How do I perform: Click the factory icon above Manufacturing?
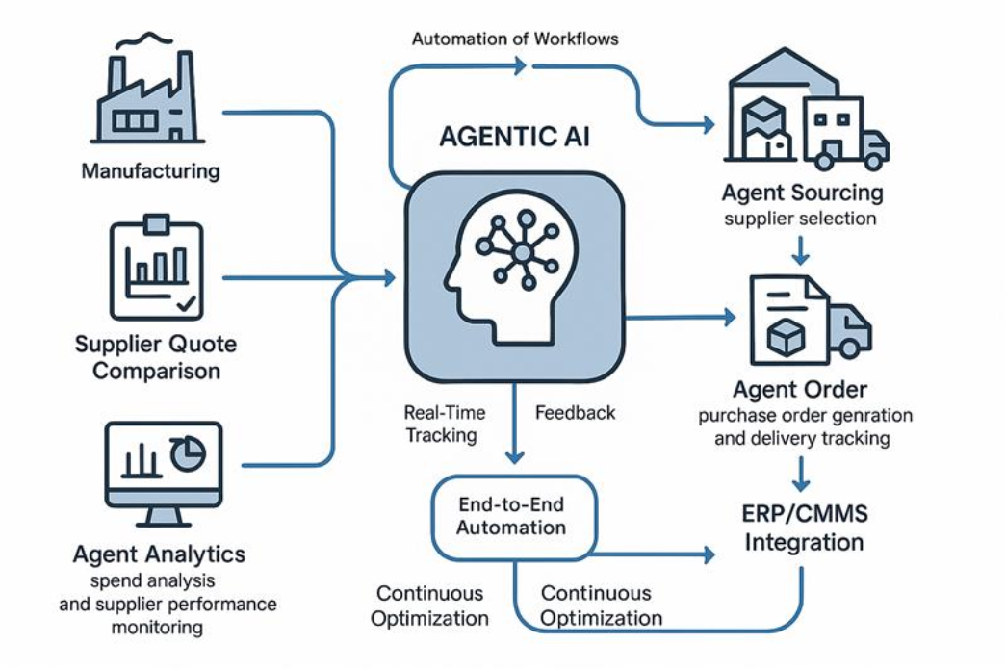(x=150, y=91)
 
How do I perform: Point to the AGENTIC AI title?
(x=515, y=137)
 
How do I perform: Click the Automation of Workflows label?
(x=515, y=39)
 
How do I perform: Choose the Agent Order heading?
(x=800, y=390)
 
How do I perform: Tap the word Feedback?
(x=575, y=412)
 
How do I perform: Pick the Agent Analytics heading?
(x=159, y=554)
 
